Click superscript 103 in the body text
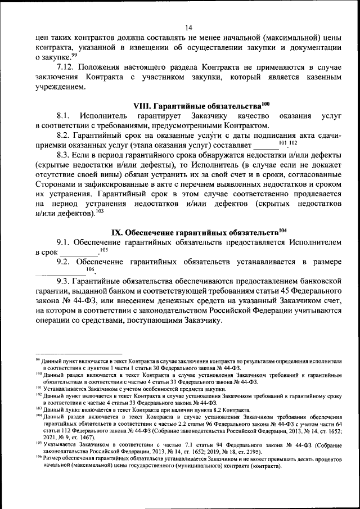[100, 211]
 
